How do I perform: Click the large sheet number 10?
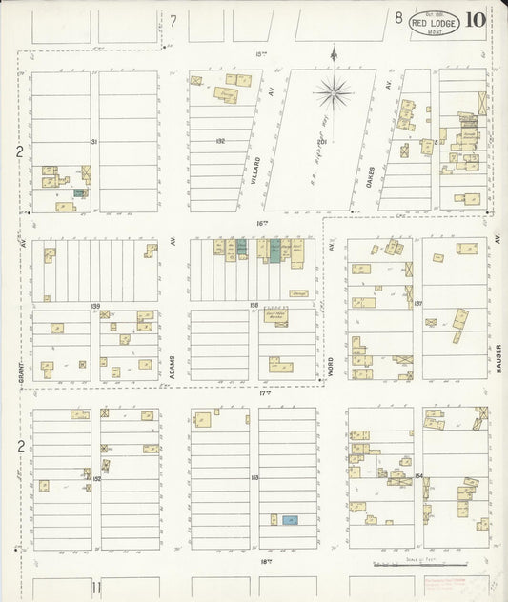[x=476, y=20]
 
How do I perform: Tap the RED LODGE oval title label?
[x=434, y=22]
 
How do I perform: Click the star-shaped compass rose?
[x=334, y=93]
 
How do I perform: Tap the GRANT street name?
[x=21, y=363]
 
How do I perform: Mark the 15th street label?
[x=260, y=54]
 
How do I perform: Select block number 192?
[x=220, y=141]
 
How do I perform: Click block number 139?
[x=95, y=306]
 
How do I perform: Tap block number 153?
[x=254, y=477]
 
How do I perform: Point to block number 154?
[x=418, y=473]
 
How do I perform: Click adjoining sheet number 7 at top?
[x=173, y=20]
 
